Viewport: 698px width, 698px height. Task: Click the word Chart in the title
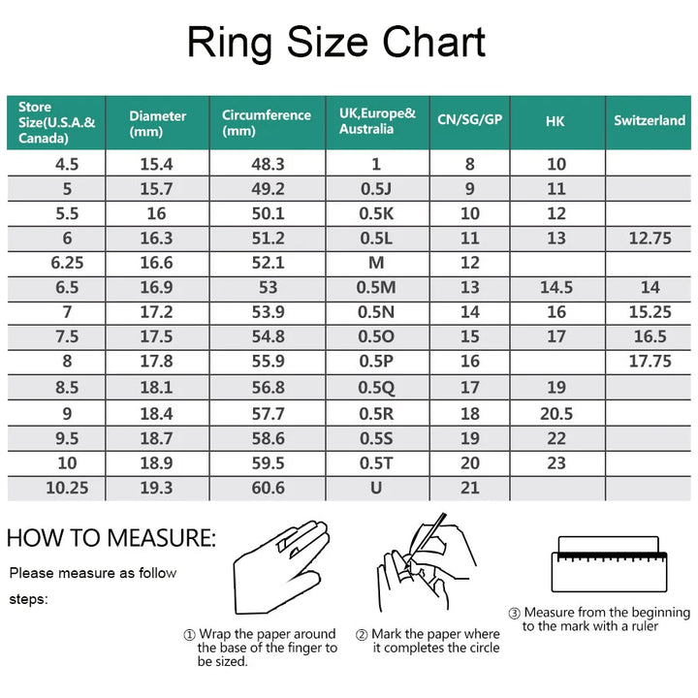tap(433, 42)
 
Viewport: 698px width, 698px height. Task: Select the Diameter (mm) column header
tap(158, 123)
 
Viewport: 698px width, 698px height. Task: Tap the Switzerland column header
tap(650, 120)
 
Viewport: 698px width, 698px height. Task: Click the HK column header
tap(555, 121)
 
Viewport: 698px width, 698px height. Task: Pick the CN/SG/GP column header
tap(469, 119)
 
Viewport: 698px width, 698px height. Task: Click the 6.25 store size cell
tap(67, 263)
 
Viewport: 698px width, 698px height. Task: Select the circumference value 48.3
tap(268, 164)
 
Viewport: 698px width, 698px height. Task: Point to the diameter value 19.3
tap(156, 488)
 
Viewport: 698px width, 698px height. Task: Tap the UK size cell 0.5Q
tap(376, 388)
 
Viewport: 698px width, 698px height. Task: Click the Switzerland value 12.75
tap(650, 238)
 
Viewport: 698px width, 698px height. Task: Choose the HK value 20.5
tap(556, 414)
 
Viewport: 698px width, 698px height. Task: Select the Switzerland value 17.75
tap(650, 361)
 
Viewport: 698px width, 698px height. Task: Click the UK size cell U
tap(376, 488)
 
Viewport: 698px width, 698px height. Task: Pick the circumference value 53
tap(268, 287)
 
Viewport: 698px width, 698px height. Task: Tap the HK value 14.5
tap(556, 287)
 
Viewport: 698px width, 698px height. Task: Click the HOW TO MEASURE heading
tap(111, 538)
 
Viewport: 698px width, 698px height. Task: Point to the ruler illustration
tap(610, 564)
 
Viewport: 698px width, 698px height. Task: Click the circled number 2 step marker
tap(361, 634)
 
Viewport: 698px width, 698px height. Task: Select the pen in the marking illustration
tap(426, 541)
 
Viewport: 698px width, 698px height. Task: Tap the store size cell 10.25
tap(67, 488)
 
